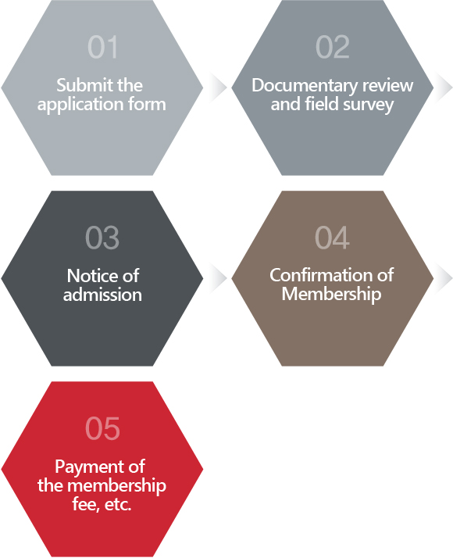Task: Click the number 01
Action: (x=102, y=47)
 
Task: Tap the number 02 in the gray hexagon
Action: (x=333, y=47)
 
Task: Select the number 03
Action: (x=102, y=238)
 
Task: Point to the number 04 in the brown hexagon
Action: (x=332, y=238)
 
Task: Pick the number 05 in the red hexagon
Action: (x=102, y=428)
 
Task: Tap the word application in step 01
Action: (x=80, y=105)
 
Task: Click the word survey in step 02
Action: (x=369, y=106)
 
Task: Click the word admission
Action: (x=102, y=295)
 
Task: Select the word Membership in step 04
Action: (x=331, y=295)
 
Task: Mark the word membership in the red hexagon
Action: (x=116, y=486)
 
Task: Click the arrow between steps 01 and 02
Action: (x=219, y=88)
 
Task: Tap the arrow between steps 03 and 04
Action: (x=219, y=278)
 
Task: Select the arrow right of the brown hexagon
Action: (x=444, y=278)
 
